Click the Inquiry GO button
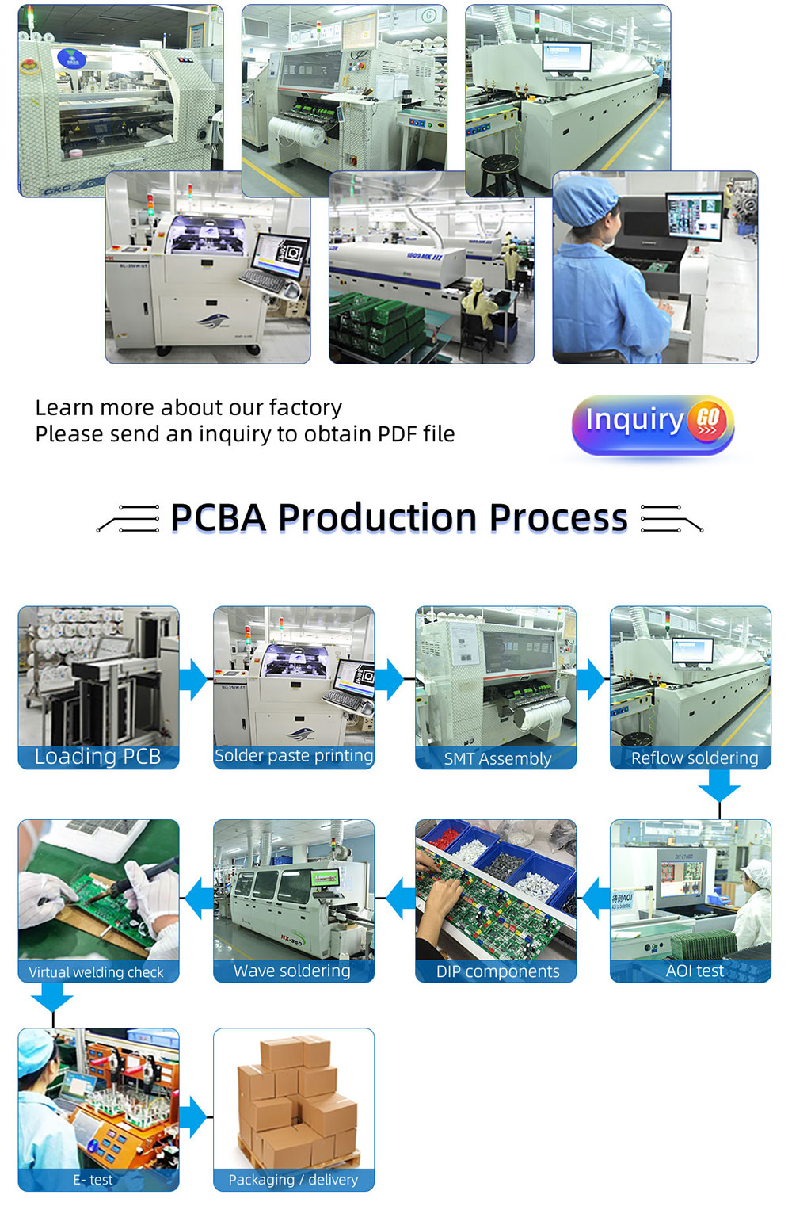coord(653,425)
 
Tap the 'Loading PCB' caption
coord(98,757)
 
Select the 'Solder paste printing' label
coord(294,756)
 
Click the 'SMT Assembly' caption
coord(497,758)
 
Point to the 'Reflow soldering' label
coord(695,758)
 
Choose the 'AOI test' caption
coord(695,971)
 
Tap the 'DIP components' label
coord(497,971)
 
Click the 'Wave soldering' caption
coord(292,971)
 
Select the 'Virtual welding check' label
coord(96,971)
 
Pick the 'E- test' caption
coord(93,1180)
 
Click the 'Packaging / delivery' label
coord(294,1180)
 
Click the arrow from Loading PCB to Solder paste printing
coord(193,680)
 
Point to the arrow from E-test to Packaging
coord(193,1117)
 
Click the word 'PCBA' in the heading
coord(219,517)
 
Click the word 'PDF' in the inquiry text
coord(398,433)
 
